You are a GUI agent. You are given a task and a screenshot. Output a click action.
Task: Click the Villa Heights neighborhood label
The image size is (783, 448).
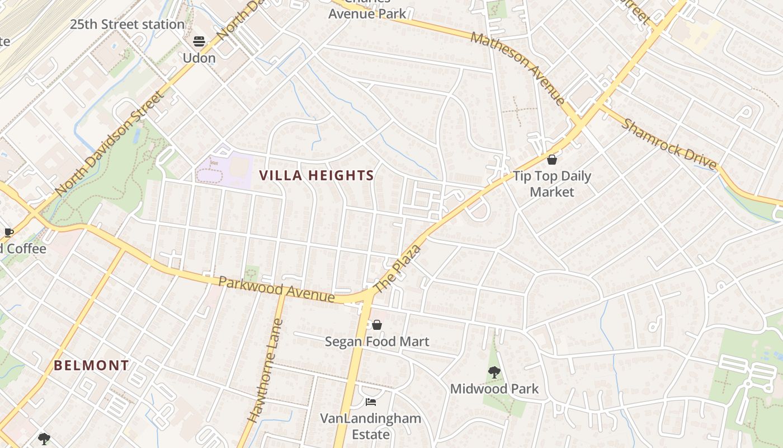click(317, 176)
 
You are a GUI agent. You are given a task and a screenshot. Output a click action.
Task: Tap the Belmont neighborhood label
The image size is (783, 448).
click(91, 366)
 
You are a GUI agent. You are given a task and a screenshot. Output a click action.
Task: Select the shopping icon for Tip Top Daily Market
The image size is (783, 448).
click(551, 160)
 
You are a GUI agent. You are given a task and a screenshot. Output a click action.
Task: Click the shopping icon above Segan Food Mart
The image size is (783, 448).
click(377, 325)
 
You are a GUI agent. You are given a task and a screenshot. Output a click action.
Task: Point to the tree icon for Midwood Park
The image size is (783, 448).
click(494, 372)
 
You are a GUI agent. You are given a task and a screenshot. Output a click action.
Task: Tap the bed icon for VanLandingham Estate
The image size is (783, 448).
click(370, 402)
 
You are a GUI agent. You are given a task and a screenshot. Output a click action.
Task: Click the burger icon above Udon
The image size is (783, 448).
click(199, 41)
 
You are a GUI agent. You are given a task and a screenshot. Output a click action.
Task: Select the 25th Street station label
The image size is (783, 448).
click(127, 25)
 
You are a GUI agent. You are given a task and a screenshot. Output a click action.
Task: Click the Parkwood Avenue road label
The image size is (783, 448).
click(276, 289)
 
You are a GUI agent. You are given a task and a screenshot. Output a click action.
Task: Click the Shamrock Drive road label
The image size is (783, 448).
click(668, 144)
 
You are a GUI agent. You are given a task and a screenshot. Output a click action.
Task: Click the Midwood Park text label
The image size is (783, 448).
click(494, 389)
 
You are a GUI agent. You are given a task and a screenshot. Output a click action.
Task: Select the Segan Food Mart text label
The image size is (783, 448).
click(377, 342)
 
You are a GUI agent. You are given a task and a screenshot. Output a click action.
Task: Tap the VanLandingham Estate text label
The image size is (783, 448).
click(370, 426)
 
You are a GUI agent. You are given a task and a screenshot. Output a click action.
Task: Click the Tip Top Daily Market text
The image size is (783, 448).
click(552, 184)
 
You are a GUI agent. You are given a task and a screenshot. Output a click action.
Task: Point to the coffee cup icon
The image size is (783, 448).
click(8, 232)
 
